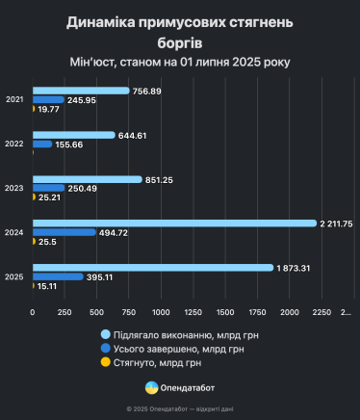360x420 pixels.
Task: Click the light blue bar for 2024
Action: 174,223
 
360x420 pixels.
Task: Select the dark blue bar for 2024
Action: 64,232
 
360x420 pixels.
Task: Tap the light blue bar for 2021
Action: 81,91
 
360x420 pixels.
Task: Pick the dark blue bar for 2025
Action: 58,276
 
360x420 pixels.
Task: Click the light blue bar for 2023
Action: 87,179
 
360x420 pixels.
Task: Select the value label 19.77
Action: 48,109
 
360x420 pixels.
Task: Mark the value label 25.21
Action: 49,197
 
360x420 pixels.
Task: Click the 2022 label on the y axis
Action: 15,144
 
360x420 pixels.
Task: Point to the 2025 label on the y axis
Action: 15,277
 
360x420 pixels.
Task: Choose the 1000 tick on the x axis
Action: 161,312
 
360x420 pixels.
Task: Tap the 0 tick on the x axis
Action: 33,312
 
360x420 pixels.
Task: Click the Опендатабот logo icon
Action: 151,387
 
